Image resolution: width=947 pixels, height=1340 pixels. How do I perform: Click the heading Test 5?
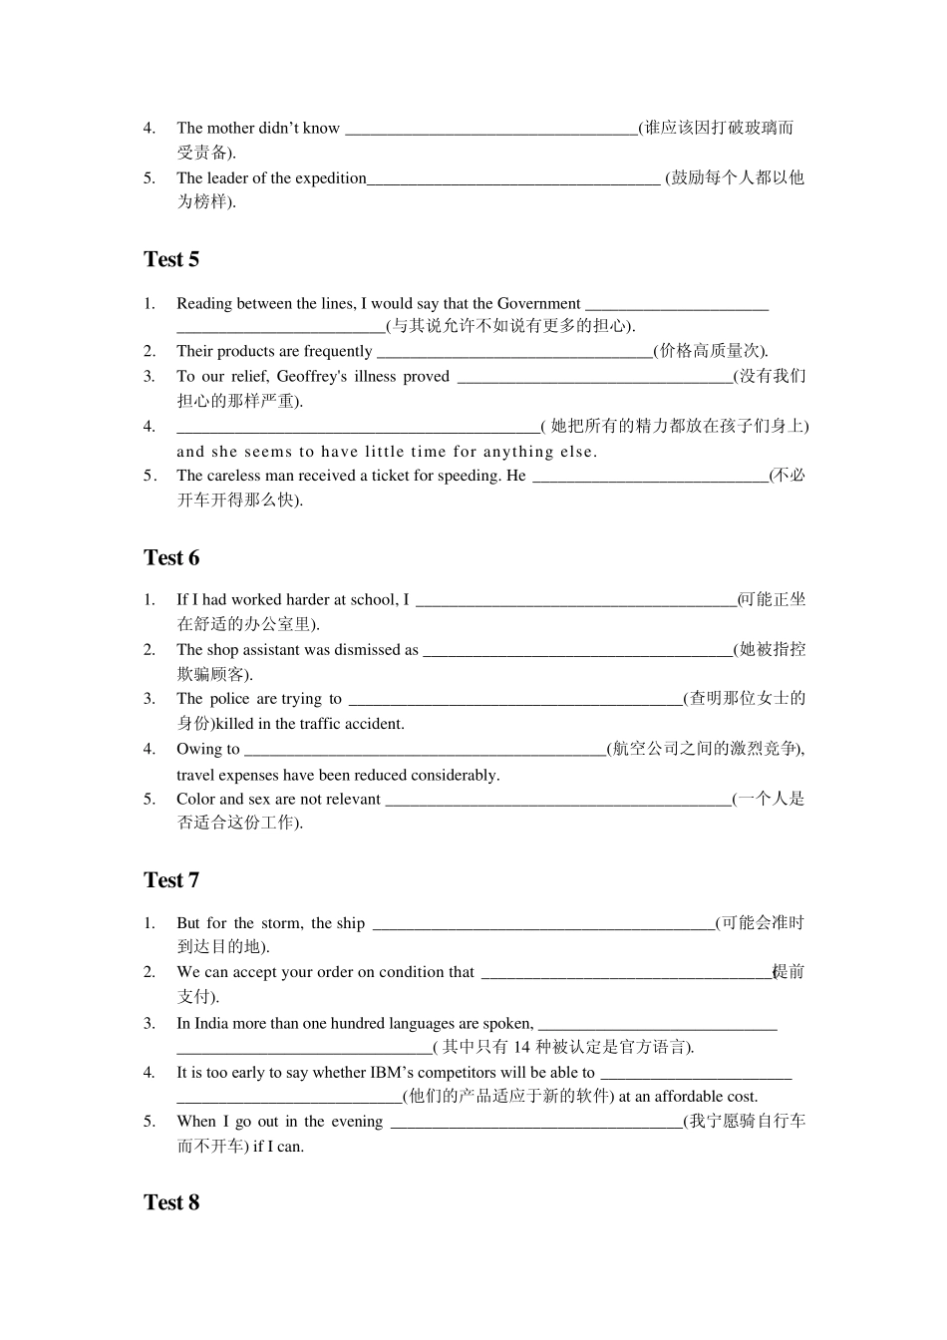click(x=171, y=260)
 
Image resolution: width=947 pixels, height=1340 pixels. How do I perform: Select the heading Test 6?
click(x=171, y=558)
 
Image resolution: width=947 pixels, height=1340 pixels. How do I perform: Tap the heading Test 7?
click(x=171, y=880)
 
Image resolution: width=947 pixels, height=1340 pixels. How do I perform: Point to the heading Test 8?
click(x=171, y=1203)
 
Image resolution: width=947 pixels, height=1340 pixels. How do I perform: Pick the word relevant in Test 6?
click(x=350, y=800)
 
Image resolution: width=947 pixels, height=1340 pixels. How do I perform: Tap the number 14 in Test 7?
click(x=522, y=1047)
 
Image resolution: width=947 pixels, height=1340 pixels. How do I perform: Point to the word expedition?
click(x=328, y=178)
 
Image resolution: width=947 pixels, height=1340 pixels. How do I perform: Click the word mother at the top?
click(x=230, y=129)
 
